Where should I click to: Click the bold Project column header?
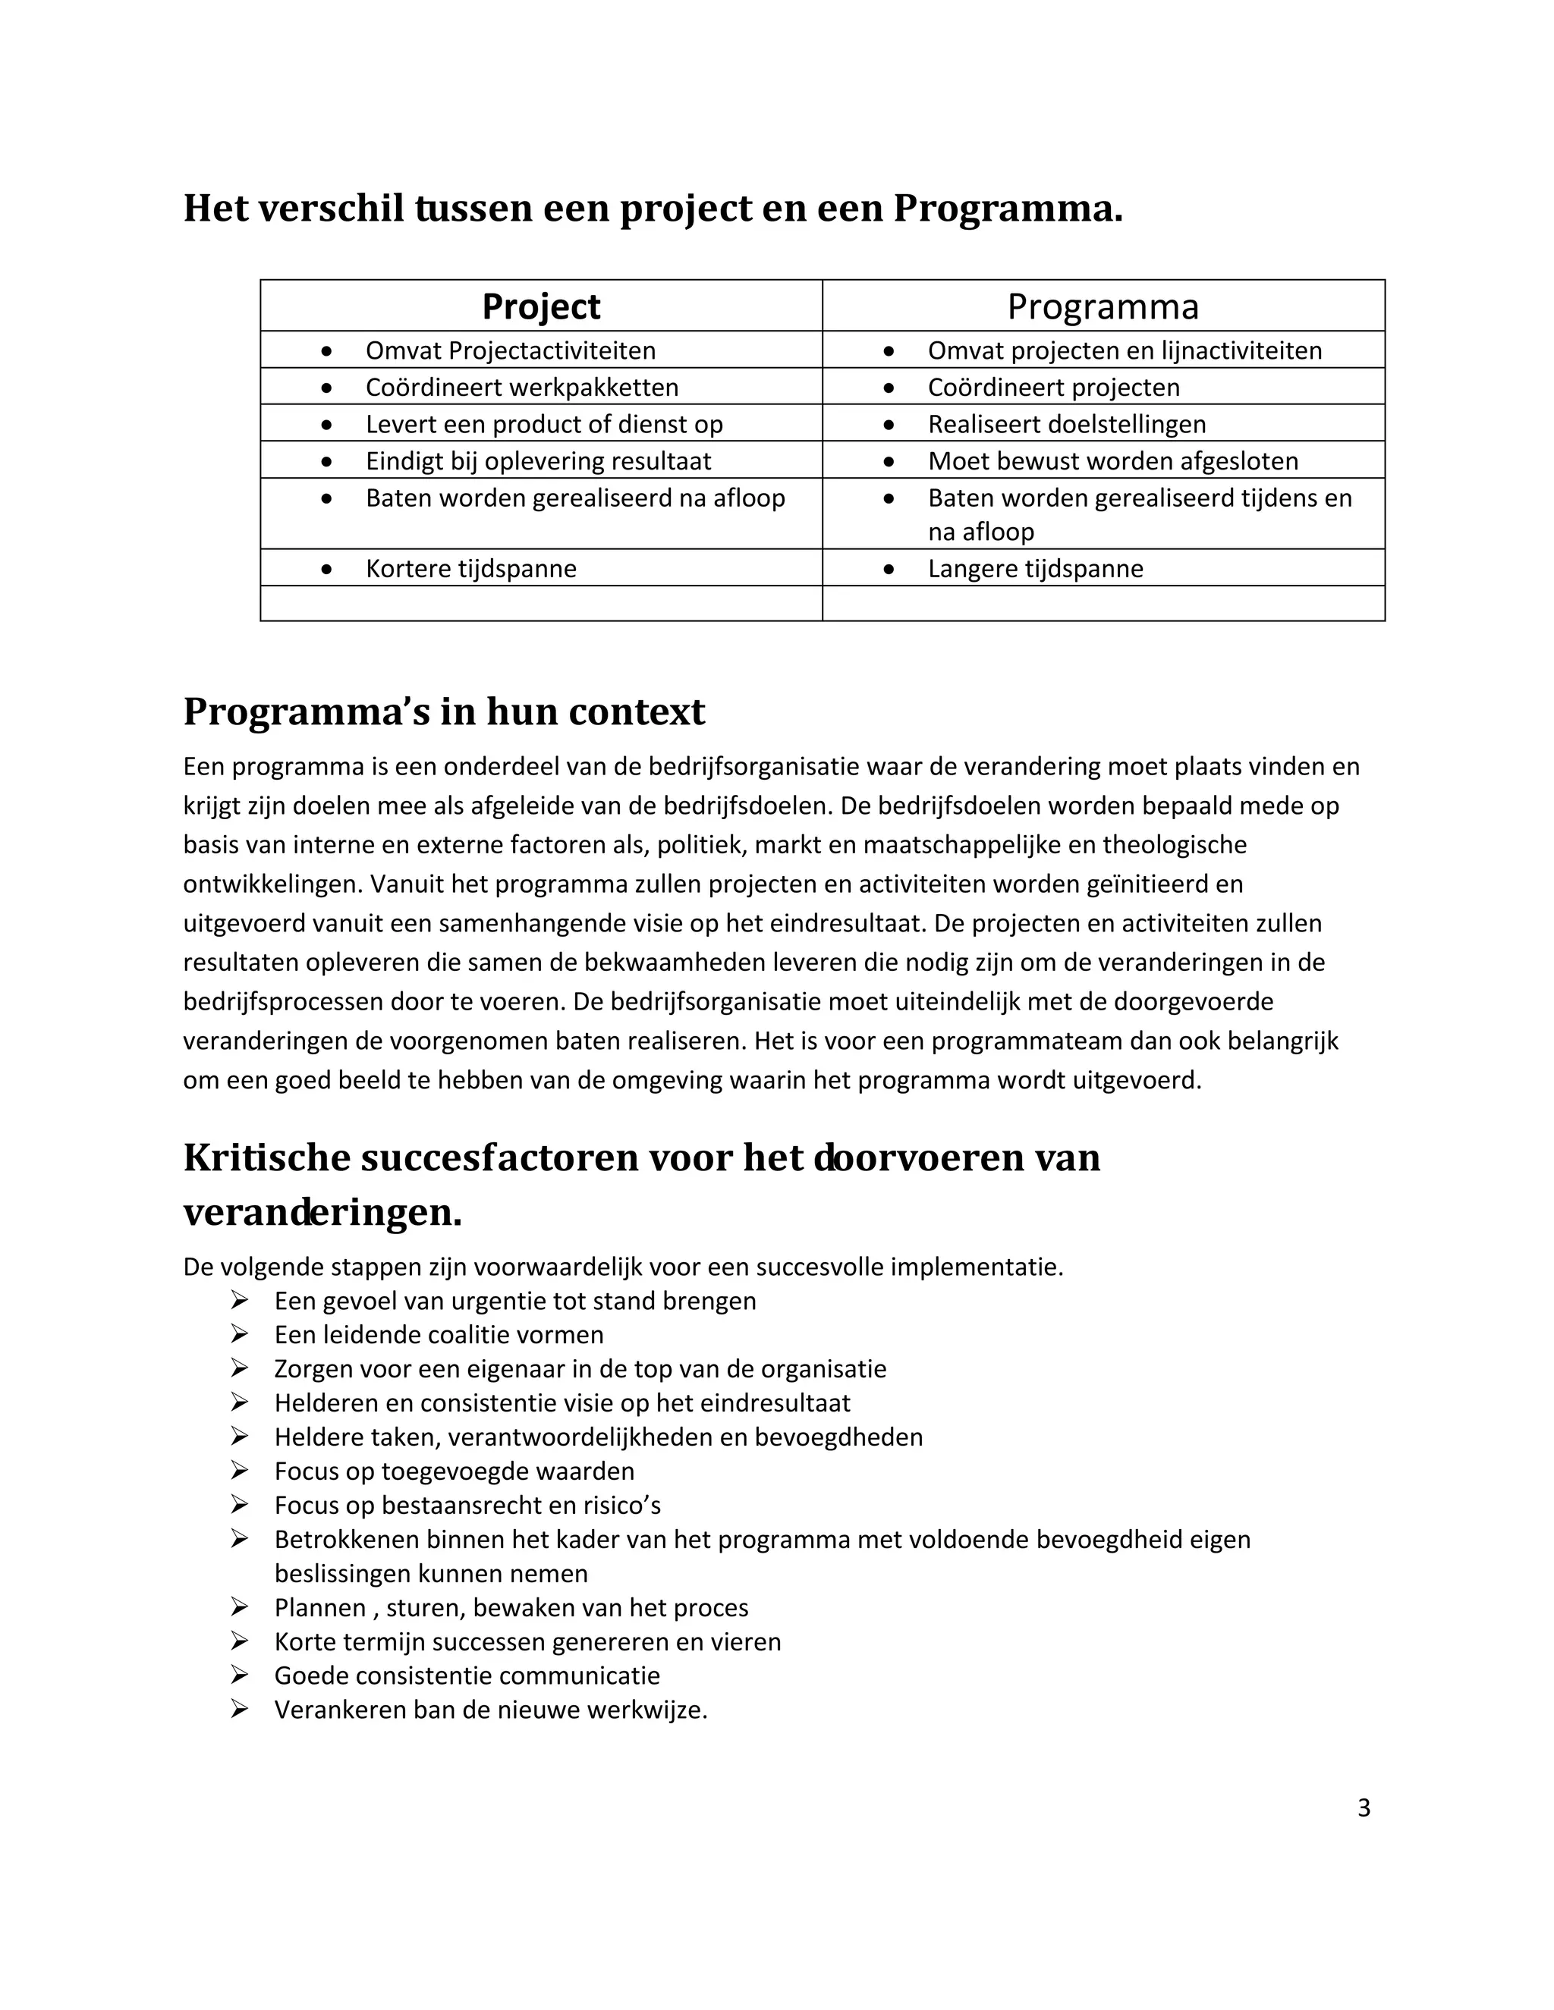540,306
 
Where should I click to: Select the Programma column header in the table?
1102,306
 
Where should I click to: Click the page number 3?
1364,1808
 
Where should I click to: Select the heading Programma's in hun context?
444,712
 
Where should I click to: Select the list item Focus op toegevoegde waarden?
454,1471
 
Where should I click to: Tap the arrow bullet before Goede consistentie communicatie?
239,1675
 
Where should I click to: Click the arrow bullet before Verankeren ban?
239,1709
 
